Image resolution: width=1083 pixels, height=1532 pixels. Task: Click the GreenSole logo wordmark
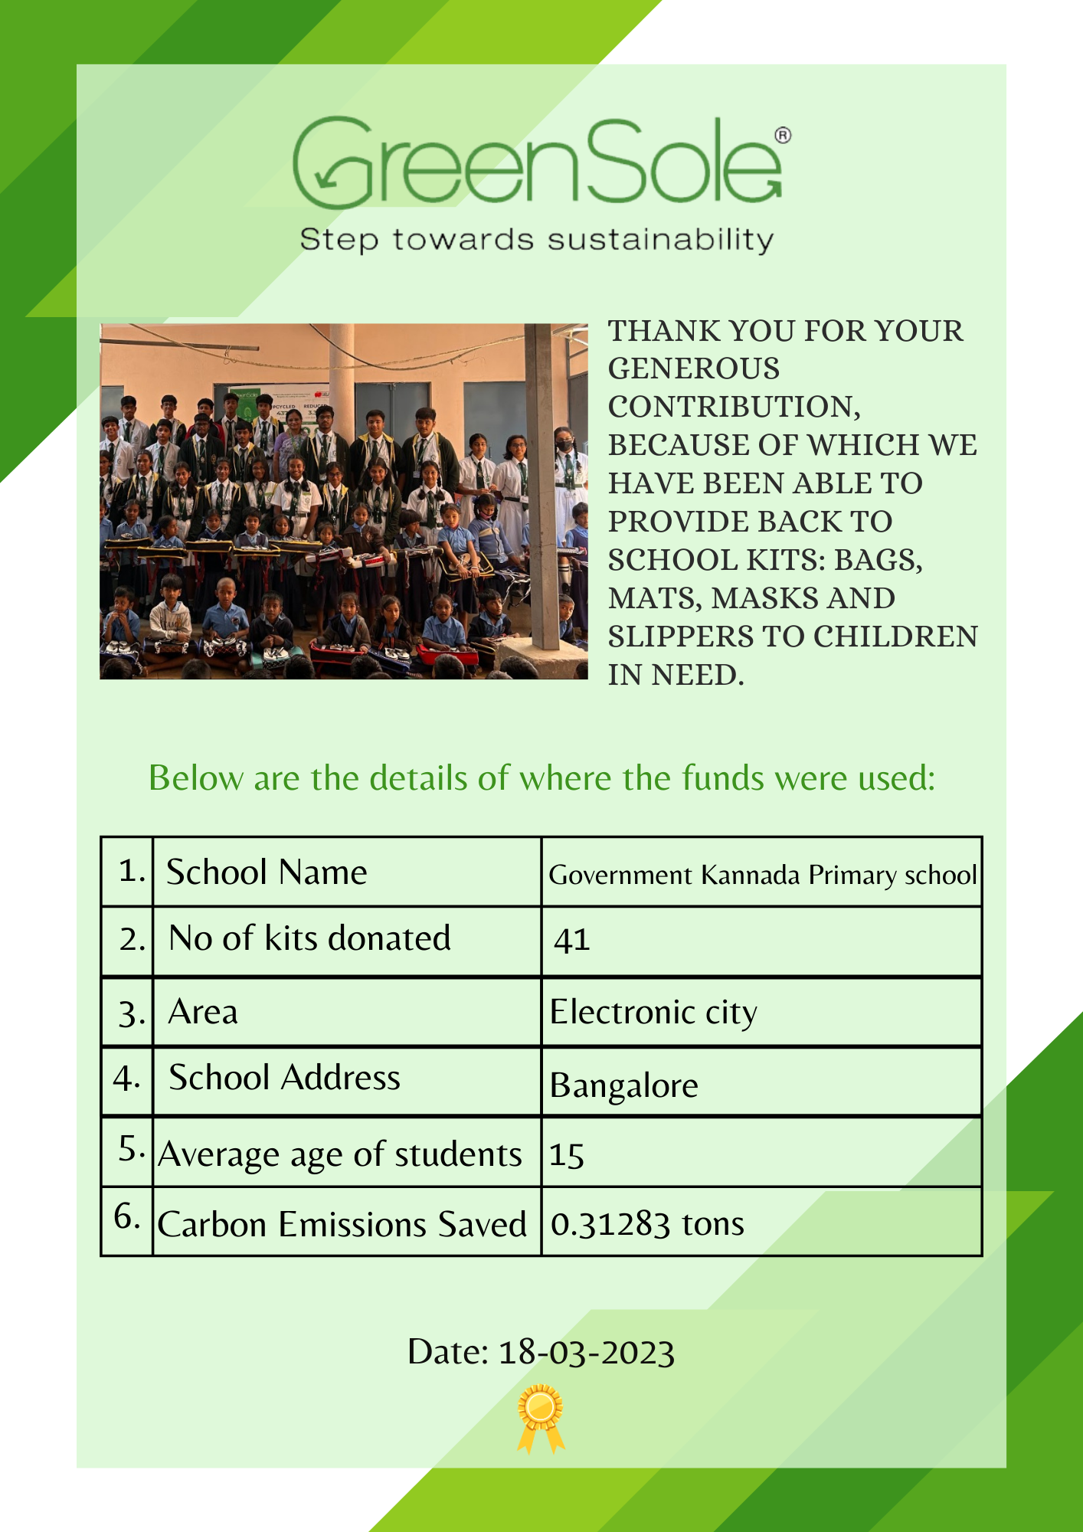pos(536,162)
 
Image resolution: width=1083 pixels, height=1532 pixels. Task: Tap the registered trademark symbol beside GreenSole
pos(783,136)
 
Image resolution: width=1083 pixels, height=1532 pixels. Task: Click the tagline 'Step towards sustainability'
pos(536,240)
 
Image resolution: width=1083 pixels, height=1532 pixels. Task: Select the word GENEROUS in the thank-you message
pos(693,369)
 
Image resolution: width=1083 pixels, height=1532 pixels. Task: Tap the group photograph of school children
pos(343,501)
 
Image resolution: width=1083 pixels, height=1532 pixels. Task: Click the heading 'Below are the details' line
pos(541,778)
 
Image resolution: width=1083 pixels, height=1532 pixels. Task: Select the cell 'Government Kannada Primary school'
pos(762,875)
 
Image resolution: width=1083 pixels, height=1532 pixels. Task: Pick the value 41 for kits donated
pos(571,940)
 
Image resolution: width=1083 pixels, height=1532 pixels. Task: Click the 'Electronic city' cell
pos(653,1013)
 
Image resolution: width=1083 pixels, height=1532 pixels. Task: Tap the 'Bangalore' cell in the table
pos(623,1085)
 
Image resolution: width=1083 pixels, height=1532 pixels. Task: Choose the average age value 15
pos(567,1155)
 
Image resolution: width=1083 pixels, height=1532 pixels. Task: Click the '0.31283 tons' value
pos(647,1224)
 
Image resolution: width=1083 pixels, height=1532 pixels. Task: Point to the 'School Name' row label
pos(267,872)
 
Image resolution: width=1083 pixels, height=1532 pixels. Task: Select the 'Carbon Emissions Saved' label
pos(342,1224)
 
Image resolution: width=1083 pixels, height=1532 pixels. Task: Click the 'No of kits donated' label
pos(309,938)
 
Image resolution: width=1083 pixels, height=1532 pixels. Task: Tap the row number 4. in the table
pos(126,1079)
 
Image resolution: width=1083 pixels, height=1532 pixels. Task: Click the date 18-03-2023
pos(586,1353)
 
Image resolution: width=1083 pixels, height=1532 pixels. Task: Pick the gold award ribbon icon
pos(541,1416)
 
